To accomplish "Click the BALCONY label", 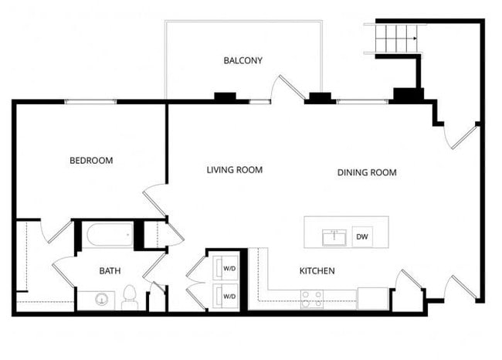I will point(243,60).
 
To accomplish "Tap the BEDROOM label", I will point(91,161).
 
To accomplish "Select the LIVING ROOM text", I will point(235,170).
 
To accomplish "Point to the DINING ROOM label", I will point(367,172).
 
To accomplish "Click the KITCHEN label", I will point(317,271).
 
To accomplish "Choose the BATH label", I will point(110,271).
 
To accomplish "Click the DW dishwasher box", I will point(361,237).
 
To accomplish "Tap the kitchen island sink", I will point(334,236).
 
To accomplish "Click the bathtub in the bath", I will point(107,236).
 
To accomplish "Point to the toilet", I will point(130,297).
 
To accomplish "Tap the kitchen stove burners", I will point(311,298).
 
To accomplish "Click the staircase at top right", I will point(394,38).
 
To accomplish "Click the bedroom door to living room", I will point(155,199).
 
